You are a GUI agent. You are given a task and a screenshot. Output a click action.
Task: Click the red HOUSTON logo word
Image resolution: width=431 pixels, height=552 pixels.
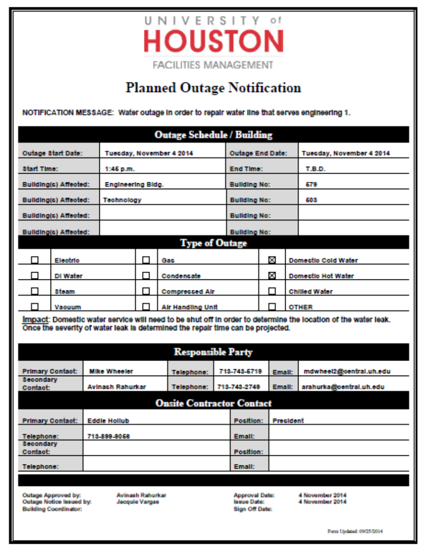213,41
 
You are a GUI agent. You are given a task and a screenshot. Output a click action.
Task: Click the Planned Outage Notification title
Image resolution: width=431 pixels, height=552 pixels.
213,88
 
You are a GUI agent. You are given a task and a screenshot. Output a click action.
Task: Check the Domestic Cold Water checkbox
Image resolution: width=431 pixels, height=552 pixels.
272,260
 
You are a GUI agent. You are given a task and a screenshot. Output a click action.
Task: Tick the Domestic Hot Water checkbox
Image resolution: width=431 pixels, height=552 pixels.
272,276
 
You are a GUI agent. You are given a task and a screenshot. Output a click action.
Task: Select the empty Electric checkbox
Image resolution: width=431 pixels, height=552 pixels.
35,260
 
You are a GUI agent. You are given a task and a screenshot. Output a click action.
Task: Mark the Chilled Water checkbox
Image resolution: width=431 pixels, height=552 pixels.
272,291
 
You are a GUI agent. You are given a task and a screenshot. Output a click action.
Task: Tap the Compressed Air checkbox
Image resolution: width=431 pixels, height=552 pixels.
146,291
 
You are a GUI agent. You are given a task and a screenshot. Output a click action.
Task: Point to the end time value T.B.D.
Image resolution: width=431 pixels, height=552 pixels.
315,169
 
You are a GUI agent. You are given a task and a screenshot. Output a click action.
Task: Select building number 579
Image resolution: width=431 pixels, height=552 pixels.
312,185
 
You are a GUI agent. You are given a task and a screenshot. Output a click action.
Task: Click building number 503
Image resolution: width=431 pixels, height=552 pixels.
312,200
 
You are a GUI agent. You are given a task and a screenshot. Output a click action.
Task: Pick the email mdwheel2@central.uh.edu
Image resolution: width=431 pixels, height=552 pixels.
347,371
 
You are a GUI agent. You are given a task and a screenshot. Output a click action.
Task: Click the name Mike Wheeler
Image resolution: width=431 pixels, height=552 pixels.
111,371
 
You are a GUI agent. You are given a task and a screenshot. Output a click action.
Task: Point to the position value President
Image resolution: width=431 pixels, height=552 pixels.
288,421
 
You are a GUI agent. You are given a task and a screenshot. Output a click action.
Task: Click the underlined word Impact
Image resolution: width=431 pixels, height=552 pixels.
35,320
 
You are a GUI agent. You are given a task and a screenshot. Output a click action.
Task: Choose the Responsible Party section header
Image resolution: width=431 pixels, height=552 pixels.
213,352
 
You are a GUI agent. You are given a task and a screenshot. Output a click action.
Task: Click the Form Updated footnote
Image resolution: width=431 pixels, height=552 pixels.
358,531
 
